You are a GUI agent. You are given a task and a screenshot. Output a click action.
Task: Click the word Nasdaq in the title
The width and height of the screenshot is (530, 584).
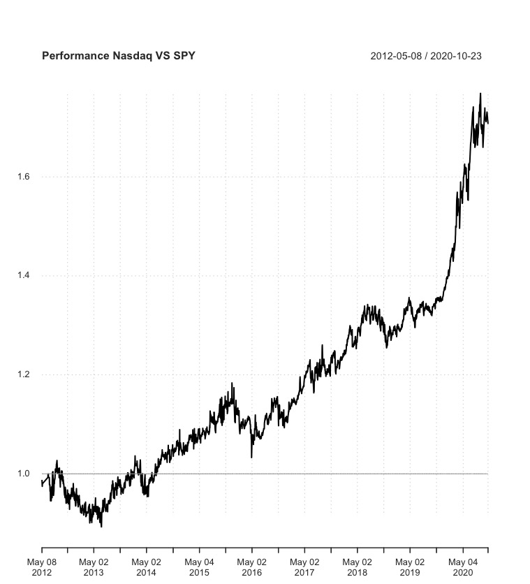[124, 55]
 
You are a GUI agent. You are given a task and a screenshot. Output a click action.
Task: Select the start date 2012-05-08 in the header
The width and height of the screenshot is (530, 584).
[399, 55]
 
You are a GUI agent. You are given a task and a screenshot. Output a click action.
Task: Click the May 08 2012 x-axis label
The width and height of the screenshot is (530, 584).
[42, 567]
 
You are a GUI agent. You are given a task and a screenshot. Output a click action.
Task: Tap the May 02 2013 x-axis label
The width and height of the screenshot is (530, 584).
[94, 567]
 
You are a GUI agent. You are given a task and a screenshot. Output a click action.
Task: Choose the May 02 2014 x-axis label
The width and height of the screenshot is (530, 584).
[147, 567]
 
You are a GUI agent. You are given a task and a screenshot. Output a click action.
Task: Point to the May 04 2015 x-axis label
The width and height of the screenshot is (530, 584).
[200, 567]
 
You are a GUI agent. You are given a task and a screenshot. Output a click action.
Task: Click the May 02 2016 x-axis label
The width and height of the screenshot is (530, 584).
[252, 567]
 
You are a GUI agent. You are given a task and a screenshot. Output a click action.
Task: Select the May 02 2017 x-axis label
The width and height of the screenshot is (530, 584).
[304, 567]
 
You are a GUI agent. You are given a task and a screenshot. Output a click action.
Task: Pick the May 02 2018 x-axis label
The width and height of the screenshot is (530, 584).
[357, 567]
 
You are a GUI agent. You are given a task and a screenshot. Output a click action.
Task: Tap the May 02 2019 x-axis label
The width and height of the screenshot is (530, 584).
[409, 567]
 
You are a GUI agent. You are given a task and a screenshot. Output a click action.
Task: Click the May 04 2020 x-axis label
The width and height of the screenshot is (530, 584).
[462, 567]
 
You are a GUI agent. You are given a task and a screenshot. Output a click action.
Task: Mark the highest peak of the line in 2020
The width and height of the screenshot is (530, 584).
[480, 93]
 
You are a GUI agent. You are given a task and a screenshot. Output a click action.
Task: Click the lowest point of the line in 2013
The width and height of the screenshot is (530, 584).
[101, 526]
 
